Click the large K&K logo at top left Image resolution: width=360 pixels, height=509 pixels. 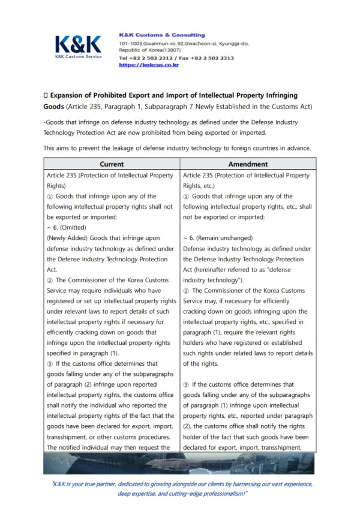[77, 44]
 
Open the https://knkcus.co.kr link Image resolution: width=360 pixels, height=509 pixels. [149, 65]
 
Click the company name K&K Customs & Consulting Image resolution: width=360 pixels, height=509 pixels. [161, 35]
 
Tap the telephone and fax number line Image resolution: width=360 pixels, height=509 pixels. [176, 58]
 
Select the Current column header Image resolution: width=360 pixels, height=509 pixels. [112, 164]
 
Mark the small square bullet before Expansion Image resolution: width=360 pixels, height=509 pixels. [46, 95]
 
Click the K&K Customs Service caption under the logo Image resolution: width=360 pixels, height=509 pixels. [78, 56]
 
